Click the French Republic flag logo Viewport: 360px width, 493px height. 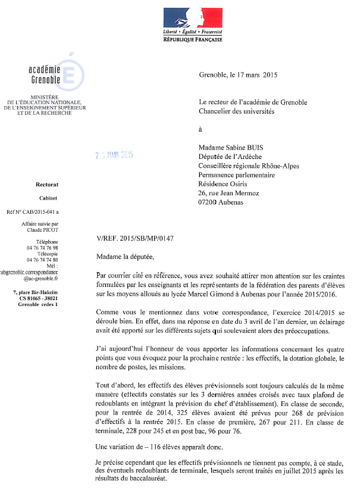tap(192, 17)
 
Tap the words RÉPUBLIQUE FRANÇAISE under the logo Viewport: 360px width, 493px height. tap(192, 39)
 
